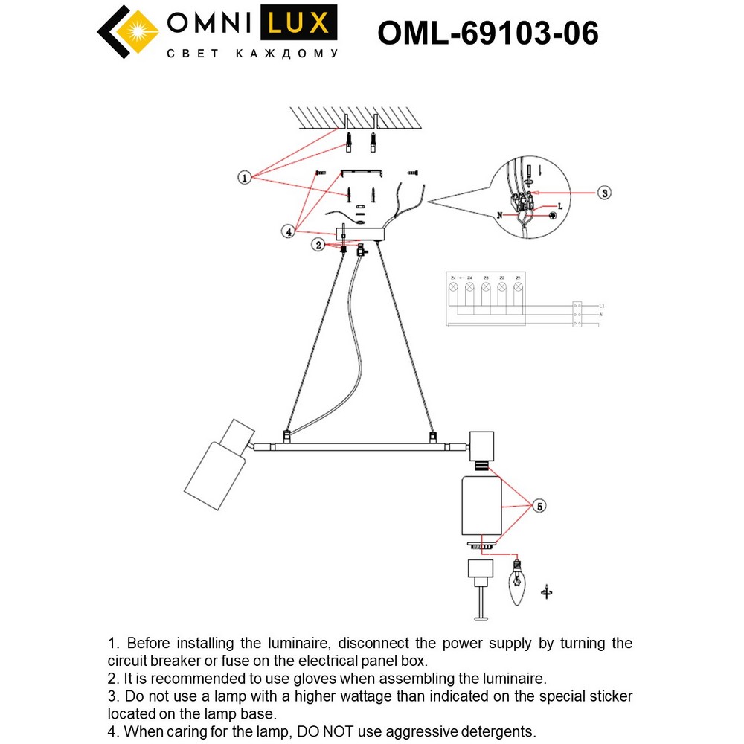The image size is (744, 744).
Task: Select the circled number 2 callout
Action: [318, 244]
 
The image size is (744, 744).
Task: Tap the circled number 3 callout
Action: [604, 192]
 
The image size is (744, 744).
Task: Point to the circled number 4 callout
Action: [288, 232]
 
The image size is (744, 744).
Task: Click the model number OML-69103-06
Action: [487, 33]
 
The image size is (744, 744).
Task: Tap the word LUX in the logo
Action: [297, 23]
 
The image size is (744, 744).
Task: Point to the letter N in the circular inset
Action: [500, 215]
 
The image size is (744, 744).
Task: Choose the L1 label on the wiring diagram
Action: [601, 306]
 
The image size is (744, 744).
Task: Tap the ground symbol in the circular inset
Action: [552, 215]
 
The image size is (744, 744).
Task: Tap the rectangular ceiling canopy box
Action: [361, 234]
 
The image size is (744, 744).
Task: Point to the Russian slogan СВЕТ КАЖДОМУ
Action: [251, 54]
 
